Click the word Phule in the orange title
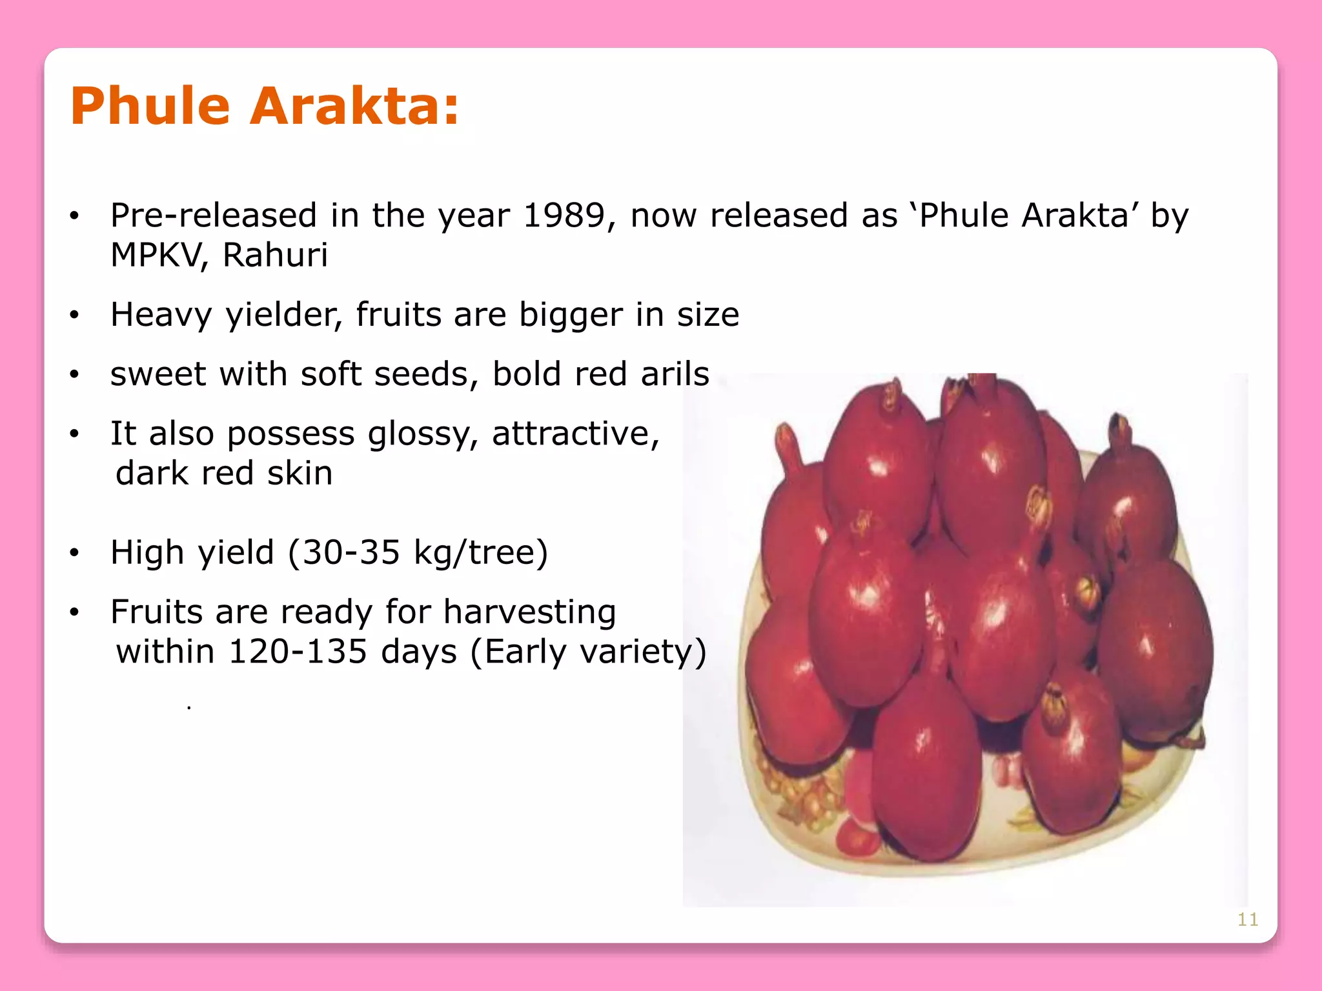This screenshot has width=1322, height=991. [x=150, y=106]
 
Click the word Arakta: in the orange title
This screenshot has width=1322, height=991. [x=354, y=106]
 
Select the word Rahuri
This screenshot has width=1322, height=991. [x=275, y=255]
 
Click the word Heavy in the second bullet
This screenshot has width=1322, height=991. [x=161, y=315]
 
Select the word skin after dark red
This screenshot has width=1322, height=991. [x=300, y=474]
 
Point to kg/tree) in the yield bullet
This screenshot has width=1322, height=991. [x=481, y=553]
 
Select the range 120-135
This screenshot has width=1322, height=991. [x=298, y=652]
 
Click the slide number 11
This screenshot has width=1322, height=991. [x=1247, y=919]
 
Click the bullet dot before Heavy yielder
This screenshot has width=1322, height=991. [x=75, y=315]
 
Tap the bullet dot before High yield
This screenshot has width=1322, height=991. [x=75, y=553]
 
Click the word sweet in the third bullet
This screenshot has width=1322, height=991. [x=158, y=374]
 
